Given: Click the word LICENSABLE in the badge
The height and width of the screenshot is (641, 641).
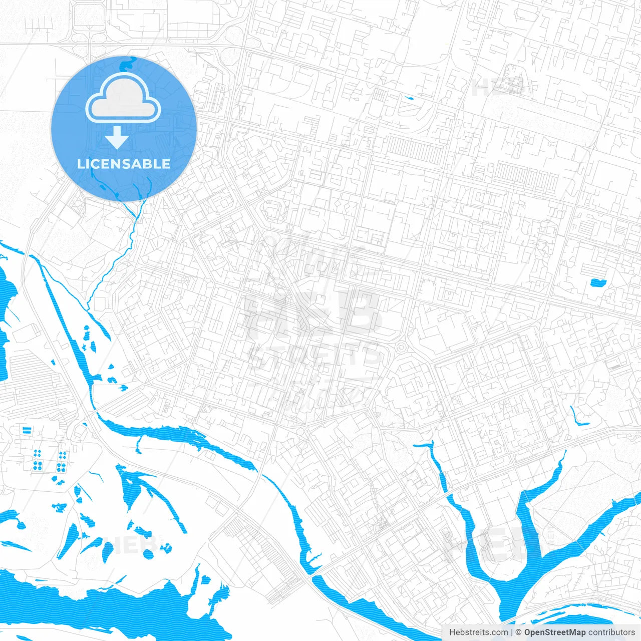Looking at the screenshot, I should point(124,164).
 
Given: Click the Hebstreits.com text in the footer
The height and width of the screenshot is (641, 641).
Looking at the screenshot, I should point(478,632).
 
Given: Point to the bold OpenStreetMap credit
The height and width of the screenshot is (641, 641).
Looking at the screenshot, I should point(554,632).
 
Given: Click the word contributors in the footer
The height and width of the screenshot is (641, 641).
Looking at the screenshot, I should point(611,632).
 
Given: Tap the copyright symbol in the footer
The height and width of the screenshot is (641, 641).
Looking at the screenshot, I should point(518,632).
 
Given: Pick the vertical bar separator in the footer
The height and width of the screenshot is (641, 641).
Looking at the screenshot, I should point(512,632).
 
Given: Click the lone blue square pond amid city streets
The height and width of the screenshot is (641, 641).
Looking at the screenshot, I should point(597,282).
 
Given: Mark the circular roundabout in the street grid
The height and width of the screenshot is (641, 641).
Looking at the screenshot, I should point(401,347).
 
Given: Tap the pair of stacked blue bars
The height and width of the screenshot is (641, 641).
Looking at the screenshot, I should point(26,430).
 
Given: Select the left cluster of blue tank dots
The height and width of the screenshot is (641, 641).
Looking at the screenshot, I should point(37,460).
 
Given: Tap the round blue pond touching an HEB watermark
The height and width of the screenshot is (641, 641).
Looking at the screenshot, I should point(148,554).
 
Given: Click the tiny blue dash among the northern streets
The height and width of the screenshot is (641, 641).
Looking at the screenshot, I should point(409,98).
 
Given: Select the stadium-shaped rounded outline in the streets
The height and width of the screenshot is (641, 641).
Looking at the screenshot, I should point(273,211).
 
